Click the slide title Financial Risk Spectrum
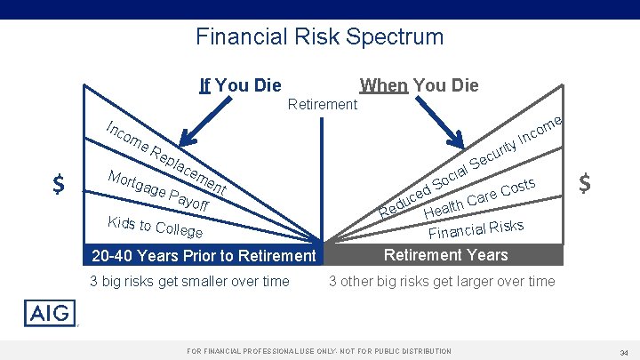pos(319,36)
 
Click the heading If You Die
pos(240,85)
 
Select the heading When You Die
pos(419,85)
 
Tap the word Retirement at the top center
pos(324,105)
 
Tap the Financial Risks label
pos(476,228)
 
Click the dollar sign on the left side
pos(59,185)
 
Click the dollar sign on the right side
pos(585,184)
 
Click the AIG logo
pos(51,314)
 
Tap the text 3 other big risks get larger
pos(441,282)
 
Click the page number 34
pos(624,352)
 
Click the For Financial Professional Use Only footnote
pos(319,351)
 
